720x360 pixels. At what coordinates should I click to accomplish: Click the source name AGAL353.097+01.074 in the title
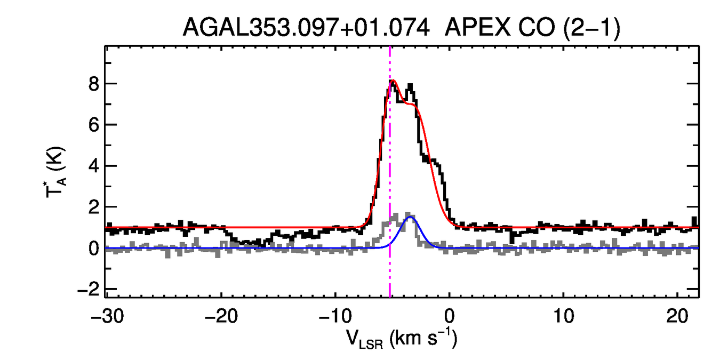306,27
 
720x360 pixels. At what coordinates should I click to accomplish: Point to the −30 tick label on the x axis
107,317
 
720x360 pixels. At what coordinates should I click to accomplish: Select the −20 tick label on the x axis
221,317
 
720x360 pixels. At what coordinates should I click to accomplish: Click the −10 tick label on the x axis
335,317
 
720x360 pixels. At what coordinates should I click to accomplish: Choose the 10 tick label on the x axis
564,317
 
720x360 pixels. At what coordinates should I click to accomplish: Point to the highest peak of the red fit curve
394,81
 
